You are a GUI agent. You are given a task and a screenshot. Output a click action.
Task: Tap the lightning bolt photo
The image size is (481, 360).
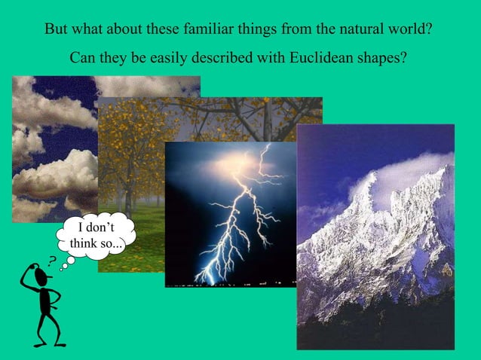pyautogui.click(x=230, y=215)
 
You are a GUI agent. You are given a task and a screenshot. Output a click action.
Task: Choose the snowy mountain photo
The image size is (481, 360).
pyautogui.click(x=375, y=237)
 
